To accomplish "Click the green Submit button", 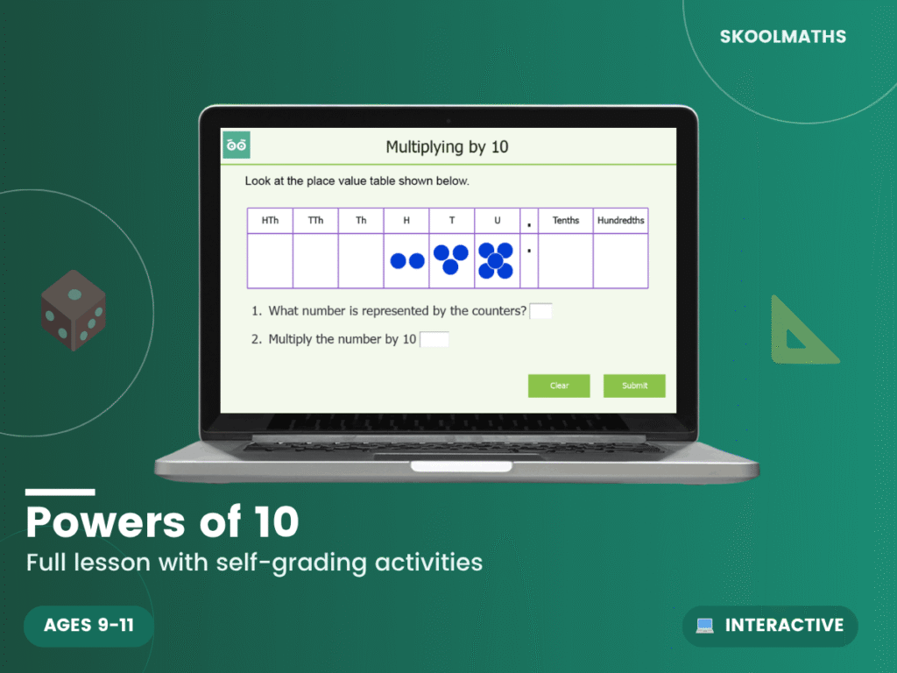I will click(634, 386).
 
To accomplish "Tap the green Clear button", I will click(559, 386).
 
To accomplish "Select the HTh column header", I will click(270, 221).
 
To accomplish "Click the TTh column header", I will click(315, 221).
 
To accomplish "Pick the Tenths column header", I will click(566, 221).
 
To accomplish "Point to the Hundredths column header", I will click(620, 221).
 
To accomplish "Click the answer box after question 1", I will click(540, 311).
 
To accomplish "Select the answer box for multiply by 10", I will click(434, 339).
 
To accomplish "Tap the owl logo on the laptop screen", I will click(236, 145).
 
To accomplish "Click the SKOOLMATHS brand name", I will click(783, 37).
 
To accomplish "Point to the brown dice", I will click(74, 310).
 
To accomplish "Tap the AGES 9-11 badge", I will click(88, 626).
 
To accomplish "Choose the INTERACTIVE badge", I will click(770, 626).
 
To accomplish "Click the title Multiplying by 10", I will click(447, 146).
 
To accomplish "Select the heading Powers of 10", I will click(163, 522).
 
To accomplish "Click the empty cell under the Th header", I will click(361, 261).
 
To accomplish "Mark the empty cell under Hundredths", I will click(620, 261).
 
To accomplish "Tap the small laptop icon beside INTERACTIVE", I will click(704, 626).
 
